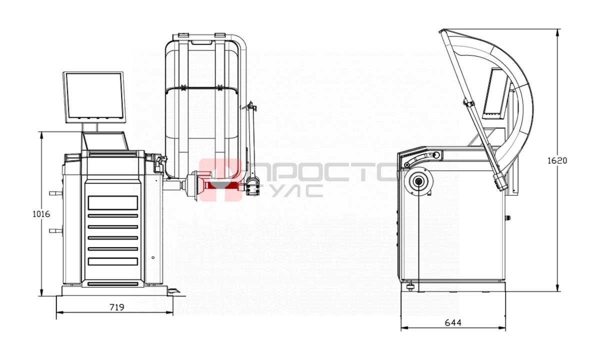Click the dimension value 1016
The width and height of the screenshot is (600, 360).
click(41, 214)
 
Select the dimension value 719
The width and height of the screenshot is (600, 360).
click(117, 307)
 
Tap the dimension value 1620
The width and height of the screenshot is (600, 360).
click(557, 160)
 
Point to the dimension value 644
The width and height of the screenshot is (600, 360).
click(453, 323)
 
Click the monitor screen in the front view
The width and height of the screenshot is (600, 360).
click(94, 97)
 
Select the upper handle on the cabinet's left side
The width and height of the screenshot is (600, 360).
click(55, 193)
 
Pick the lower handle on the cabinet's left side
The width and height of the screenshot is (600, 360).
click(55, 230)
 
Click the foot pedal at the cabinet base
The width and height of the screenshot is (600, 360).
click(173, 291)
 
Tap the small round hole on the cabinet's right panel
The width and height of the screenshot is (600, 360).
click(153, 257)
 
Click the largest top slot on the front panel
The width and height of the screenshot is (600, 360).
click(113, 203)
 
